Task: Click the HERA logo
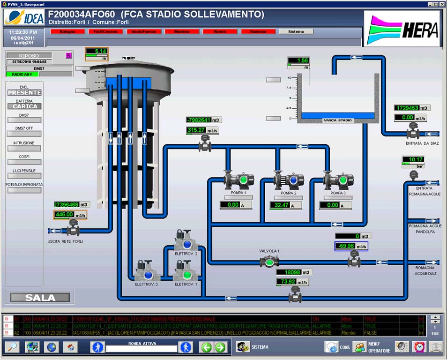tap(402, 29)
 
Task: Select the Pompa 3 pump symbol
tap(338, 180)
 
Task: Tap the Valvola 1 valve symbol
tap(269, 262)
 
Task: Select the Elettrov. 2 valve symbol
tap(186, 242)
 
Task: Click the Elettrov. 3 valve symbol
tap(147, 273)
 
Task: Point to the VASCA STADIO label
tap(338, 120)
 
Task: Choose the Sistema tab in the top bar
tap(296, 32)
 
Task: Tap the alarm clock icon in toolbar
tap(418, 347)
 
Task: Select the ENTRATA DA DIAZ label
tap(422, 143)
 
